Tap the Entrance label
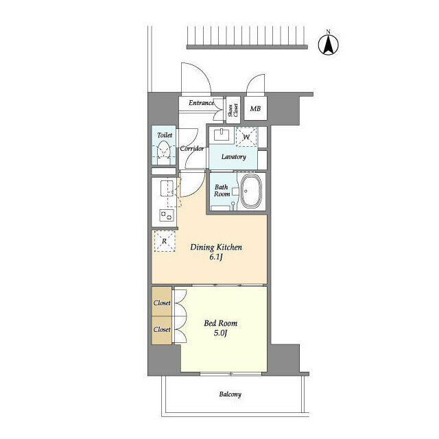click(202, 104)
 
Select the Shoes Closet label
click(234, 108)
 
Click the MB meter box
click(255, 108)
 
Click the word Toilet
click(164, 135)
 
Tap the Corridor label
click(191, 148)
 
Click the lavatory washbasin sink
click(222, 134)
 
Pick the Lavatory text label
click(233, 157)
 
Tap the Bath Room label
click(222, 190)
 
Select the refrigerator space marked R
click(164, 240)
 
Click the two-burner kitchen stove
click(165, 215)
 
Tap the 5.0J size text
click(220, 334)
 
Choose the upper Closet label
click(162, 302)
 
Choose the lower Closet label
click(162, 329)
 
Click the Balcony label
click(230, 394)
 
